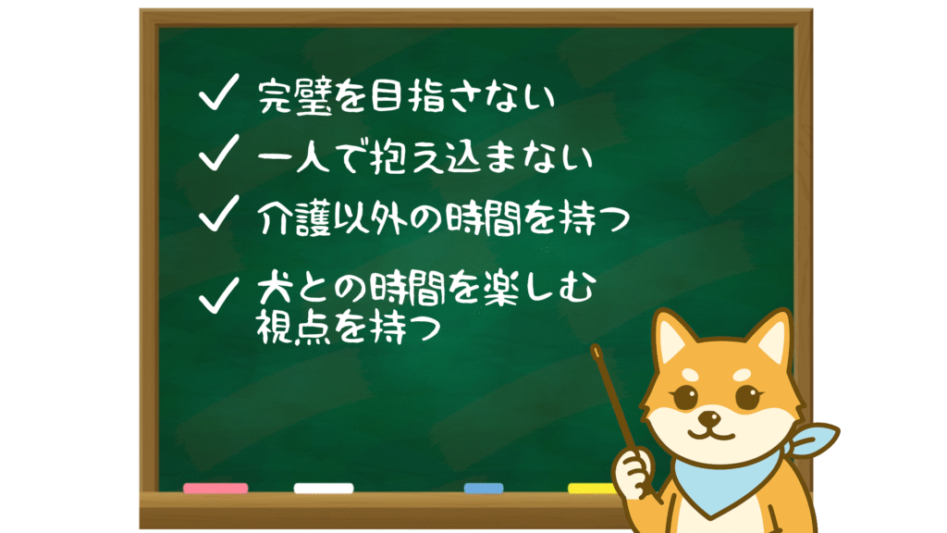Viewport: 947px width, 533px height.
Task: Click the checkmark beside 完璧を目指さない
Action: pyautogui.click(x=217, y=93)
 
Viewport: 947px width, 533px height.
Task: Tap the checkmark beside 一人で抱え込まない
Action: pyautogui.click(x=217, y=153)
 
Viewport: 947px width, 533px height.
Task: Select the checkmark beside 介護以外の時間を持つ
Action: pyautogui.click(x=217, y=214)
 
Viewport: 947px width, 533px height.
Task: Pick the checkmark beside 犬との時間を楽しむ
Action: pyautogui.click(x=217, y=295)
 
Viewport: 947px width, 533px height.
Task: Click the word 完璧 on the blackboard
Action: pyautogui.click(x=295, y=96)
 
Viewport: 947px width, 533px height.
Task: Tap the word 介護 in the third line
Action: pyautogui.click(x=295, y=218)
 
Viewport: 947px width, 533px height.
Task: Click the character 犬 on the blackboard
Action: pyautogui.click(x=276, y=289)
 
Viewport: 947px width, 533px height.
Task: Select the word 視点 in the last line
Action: pyautogui.click(x=294, y=327)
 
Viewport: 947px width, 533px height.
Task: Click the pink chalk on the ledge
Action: pyautogui.click(x=215, y=488)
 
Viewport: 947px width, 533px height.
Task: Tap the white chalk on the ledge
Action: pyautogui.click(x=324, y=488)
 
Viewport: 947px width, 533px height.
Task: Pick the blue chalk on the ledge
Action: pyautogui.click(x=483, y=488)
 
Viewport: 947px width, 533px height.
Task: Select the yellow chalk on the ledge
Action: pyautogui.click(x=592, y=488)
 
